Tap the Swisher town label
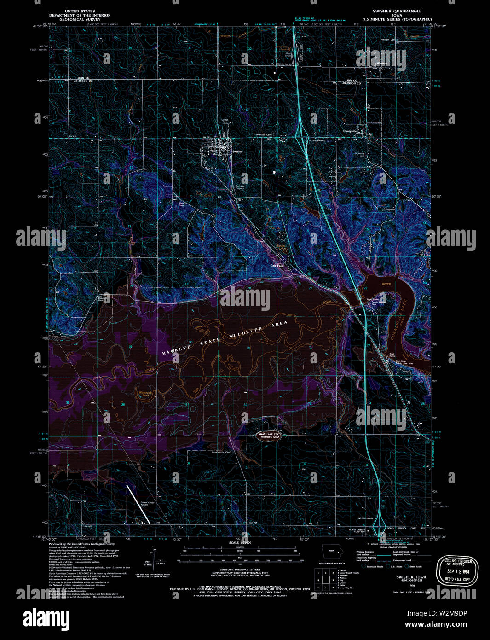click(237, 151)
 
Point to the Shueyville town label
click(351, 131)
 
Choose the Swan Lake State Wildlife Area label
click(269, 436)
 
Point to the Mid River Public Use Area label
click(404, 362)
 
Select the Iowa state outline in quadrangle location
click(329, 551)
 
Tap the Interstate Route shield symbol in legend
click(364, 567)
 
